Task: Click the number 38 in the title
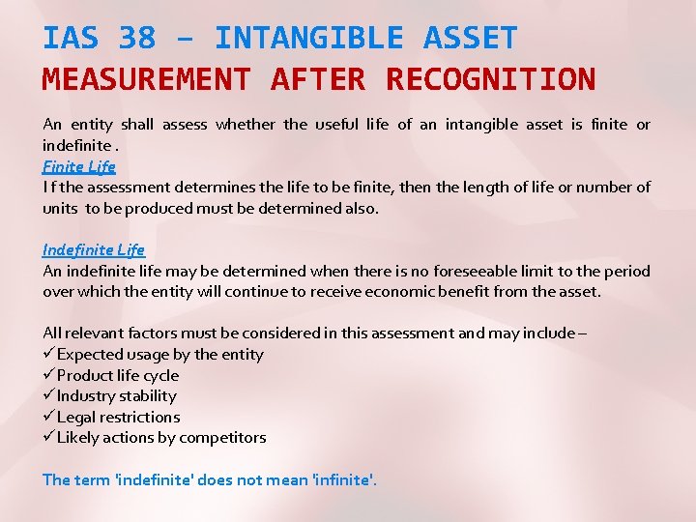pos(136,39)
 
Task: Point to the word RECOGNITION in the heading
pos(490,78)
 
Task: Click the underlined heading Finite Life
pos(79,166)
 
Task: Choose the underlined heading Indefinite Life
pos(94,250)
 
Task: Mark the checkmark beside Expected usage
pos(48,355)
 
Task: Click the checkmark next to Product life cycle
pos(48,375)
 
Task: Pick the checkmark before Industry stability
pos(48,396)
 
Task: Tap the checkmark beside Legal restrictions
pos(48,418)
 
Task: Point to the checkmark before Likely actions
pos(48,438)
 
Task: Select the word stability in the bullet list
pos(148,396)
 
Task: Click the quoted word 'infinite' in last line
pos(341,479)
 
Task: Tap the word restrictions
pos(140,418)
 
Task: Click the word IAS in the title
pos(71,39)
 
